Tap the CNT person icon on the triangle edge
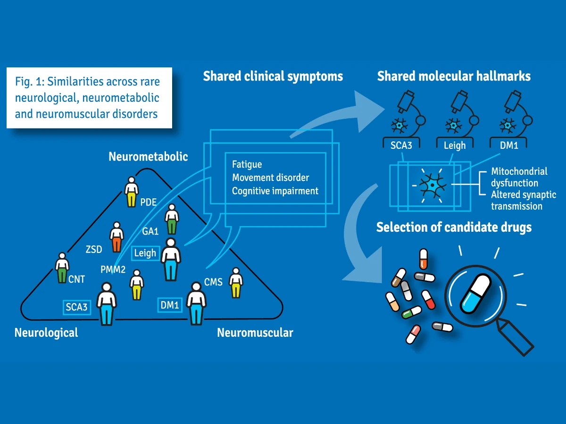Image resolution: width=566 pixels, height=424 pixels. [62, 267]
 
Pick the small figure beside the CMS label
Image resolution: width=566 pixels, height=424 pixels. [236, 283]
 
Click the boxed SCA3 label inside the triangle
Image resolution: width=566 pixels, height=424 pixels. [77, 307]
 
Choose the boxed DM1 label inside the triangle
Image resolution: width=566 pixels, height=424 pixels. [170, 305]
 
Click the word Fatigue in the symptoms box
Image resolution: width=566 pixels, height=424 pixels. [247, 164]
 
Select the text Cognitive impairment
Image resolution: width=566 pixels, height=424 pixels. [275, 191]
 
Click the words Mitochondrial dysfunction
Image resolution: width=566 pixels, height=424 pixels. [519, 177]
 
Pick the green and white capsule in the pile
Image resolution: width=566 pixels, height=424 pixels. [411, 311]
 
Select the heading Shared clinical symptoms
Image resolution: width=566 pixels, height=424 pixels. [273, 76]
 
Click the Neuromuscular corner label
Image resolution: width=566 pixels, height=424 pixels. [255, 333]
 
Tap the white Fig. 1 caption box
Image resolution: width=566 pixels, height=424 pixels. [89, 98]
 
